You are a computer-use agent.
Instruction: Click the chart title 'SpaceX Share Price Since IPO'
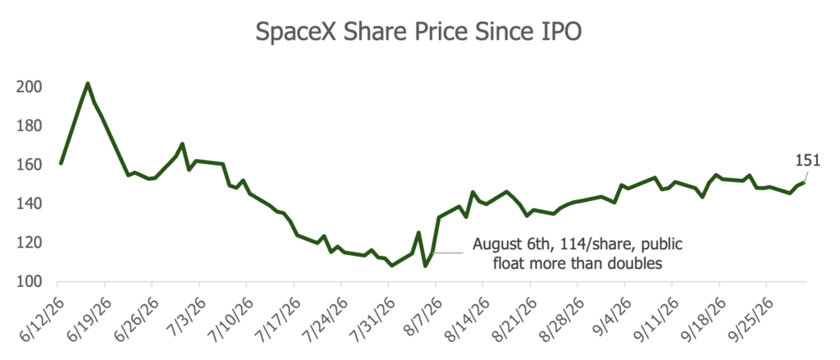tap(419, 32)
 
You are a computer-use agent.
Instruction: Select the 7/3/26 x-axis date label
tap(183, 314)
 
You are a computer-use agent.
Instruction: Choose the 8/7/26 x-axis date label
tap(419, 314)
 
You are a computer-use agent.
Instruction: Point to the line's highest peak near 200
tap(87, 84)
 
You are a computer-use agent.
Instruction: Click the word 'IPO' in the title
tap(563, 32)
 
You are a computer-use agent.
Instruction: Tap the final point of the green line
tap(804, 183)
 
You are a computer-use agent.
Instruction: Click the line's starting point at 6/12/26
tap(61, 163)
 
